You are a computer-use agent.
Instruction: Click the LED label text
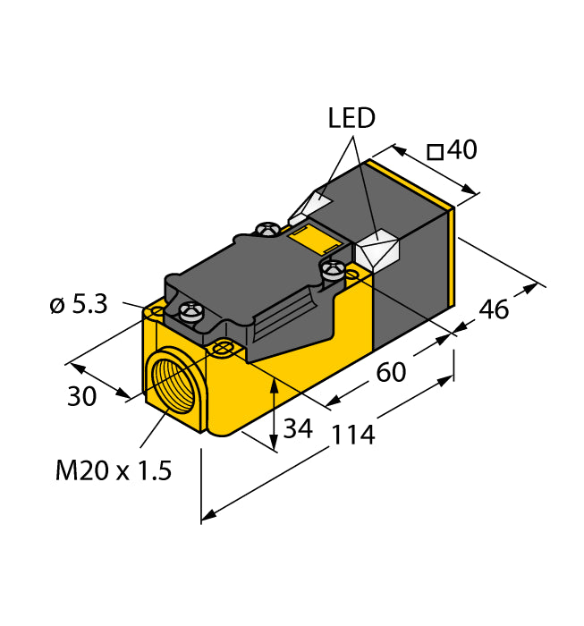pyautogui.click(x=351, y=118)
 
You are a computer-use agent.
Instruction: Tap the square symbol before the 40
pyautogui.click(x=436, y=152)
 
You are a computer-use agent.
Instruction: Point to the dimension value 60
pyautogui.click(x=391, y=371)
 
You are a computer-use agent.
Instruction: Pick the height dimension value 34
pyautogui.click(x=298, y=429)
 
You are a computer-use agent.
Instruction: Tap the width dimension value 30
pyautogui.click(x=82, y=395)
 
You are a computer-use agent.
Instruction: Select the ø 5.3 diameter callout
pyautogui.click(x=78, y=305)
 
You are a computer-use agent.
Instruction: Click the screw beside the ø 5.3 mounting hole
pyautogui.click(x=190, y=311)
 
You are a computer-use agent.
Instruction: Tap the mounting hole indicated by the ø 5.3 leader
pyautogui.click(x=157, y=310)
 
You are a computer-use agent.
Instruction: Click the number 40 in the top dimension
pyautogui.click(x=461, y=150)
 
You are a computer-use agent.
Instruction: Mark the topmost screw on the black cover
pyautogui.click(x=266, y=230)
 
